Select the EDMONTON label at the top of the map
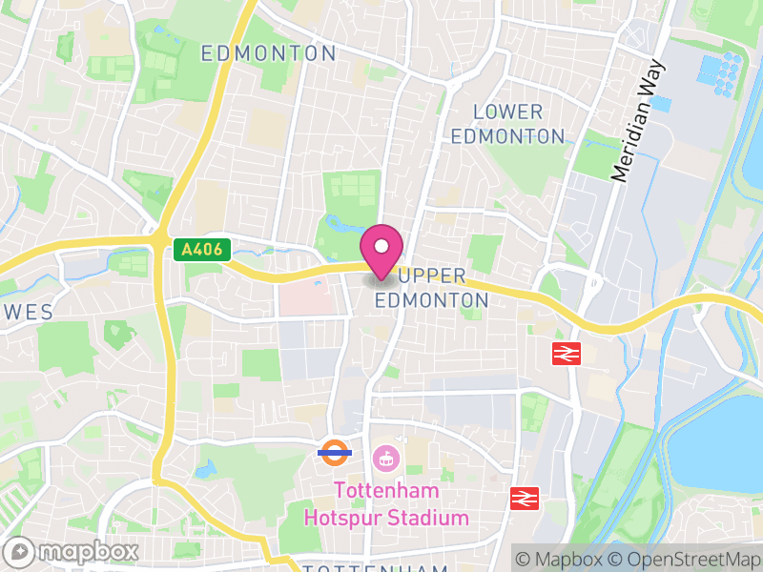[268, 53]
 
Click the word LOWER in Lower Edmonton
[507, 112]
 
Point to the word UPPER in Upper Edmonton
[432, 276]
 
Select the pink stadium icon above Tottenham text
[386, 459]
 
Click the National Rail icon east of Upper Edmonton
[566, 353]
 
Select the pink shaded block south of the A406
[307, 300]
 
